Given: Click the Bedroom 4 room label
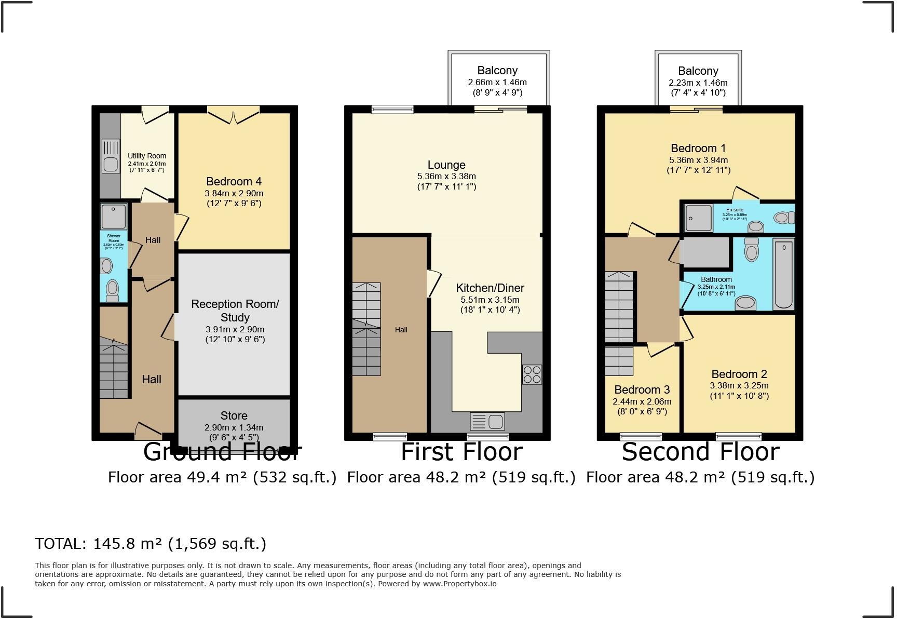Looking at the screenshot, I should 234,182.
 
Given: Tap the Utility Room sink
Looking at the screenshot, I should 111,156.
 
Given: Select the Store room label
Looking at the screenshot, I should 234,415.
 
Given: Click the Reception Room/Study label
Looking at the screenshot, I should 235,311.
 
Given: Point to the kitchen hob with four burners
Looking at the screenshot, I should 532,374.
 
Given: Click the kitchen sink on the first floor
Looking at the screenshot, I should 487,421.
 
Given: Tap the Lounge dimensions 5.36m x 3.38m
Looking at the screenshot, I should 446,177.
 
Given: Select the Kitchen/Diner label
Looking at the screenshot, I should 490,288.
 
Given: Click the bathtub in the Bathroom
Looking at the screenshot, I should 783,274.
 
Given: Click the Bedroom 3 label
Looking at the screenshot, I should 642,389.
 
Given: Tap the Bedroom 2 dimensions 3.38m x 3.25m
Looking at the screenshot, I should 739,386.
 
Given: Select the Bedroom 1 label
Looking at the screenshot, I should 698,149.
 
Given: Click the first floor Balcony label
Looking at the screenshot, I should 497,71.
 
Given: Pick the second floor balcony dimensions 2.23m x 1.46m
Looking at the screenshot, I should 698,83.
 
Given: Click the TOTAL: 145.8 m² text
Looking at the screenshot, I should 150,544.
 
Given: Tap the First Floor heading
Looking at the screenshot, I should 461,452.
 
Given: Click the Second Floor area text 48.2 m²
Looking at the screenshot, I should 700,477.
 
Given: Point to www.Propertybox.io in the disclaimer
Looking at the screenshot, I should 460,584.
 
